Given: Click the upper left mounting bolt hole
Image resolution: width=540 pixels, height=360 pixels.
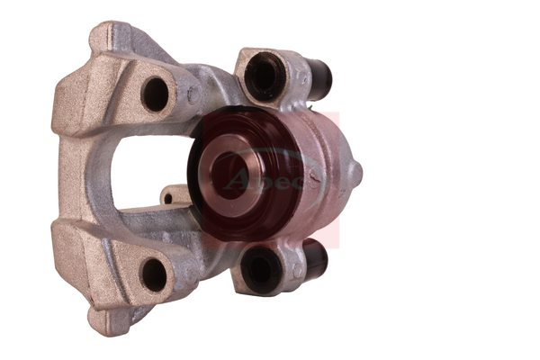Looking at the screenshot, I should (x=156, y=94).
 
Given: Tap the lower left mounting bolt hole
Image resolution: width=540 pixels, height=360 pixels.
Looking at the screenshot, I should (x=154, y=274).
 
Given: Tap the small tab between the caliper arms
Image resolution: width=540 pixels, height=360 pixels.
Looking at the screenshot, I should (x=170, y=195).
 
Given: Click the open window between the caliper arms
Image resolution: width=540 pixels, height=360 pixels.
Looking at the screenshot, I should (x=144, y=171).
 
